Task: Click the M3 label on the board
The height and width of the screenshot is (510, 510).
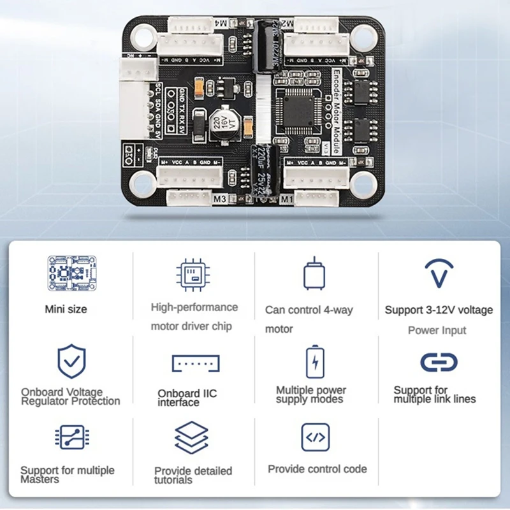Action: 220,199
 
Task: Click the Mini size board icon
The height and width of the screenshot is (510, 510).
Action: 71,273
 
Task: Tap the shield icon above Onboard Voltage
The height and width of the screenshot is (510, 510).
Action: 71,361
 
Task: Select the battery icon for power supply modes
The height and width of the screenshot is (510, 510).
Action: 315,361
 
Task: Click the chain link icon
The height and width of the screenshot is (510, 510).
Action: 439,362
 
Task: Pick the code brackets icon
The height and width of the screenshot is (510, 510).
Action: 315,437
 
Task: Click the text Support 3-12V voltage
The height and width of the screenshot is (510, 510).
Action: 439,310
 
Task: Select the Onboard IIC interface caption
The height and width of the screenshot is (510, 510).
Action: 187,398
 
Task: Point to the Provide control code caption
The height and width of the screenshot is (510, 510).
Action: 317,469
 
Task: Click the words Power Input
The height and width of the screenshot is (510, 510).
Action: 437,330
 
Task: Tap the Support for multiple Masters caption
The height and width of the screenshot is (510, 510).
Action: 68,475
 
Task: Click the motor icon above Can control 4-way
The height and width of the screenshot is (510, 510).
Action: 314,275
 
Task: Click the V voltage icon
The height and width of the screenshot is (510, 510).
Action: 439,273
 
